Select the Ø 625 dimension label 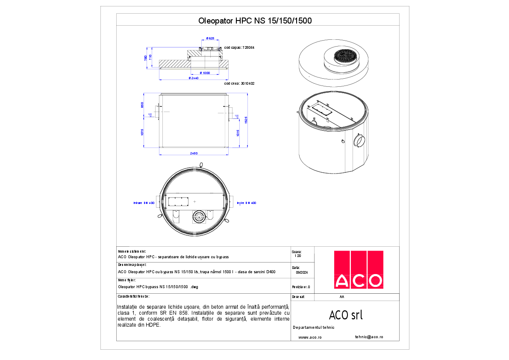point(210,38)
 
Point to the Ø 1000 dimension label point(205,73)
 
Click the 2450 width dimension point(194,153)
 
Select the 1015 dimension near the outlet point(237,133)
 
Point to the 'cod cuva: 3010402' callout point(239,84)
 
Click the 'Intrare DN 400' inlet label point(144,203)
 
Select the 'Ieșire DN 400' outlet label point(247,203)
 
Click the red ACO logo point(358,269)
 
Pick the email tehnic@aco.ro point(369,337)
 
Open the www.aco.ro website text point(310,337)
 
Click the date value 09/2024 point(302,272)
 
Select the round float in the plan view point(199,216)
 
